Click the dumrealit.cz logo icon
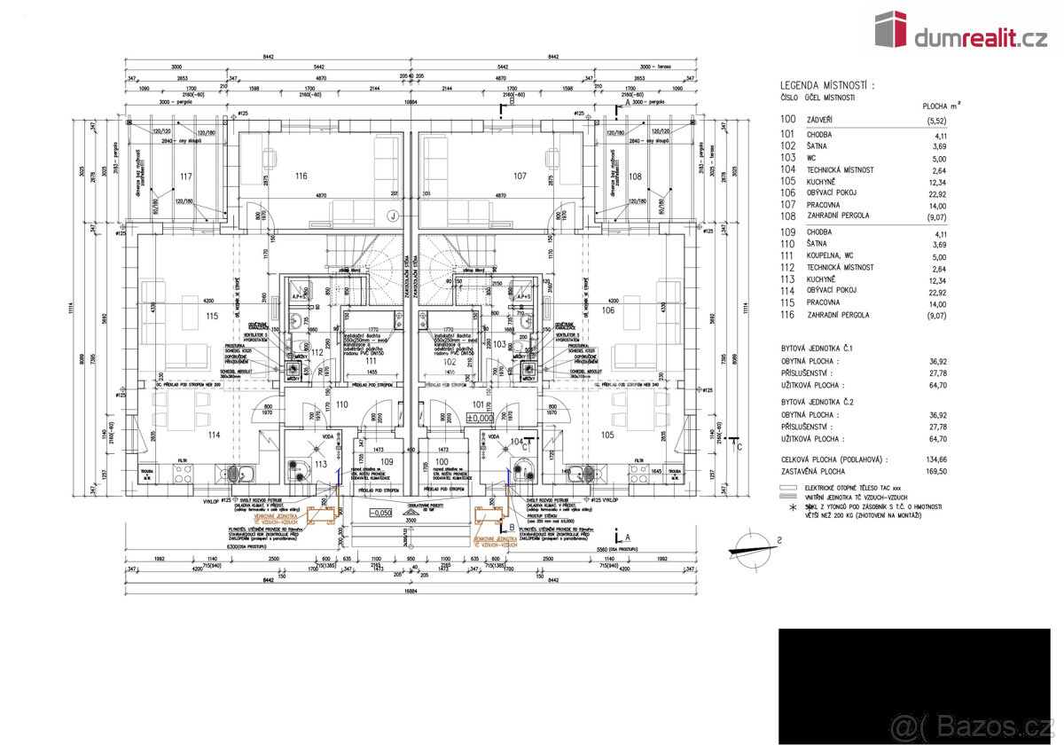(x=890, y=28)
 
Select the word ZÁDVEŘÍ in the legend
(x=819, y=119)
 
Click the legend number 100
(x=787, y=119)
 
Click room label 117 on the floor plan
(x=185, y=176)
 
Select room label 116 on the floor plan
(x=301, y=176)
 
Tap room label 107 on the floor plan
(x=520, y=176)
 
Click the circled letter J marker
(x=391, y=214)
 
